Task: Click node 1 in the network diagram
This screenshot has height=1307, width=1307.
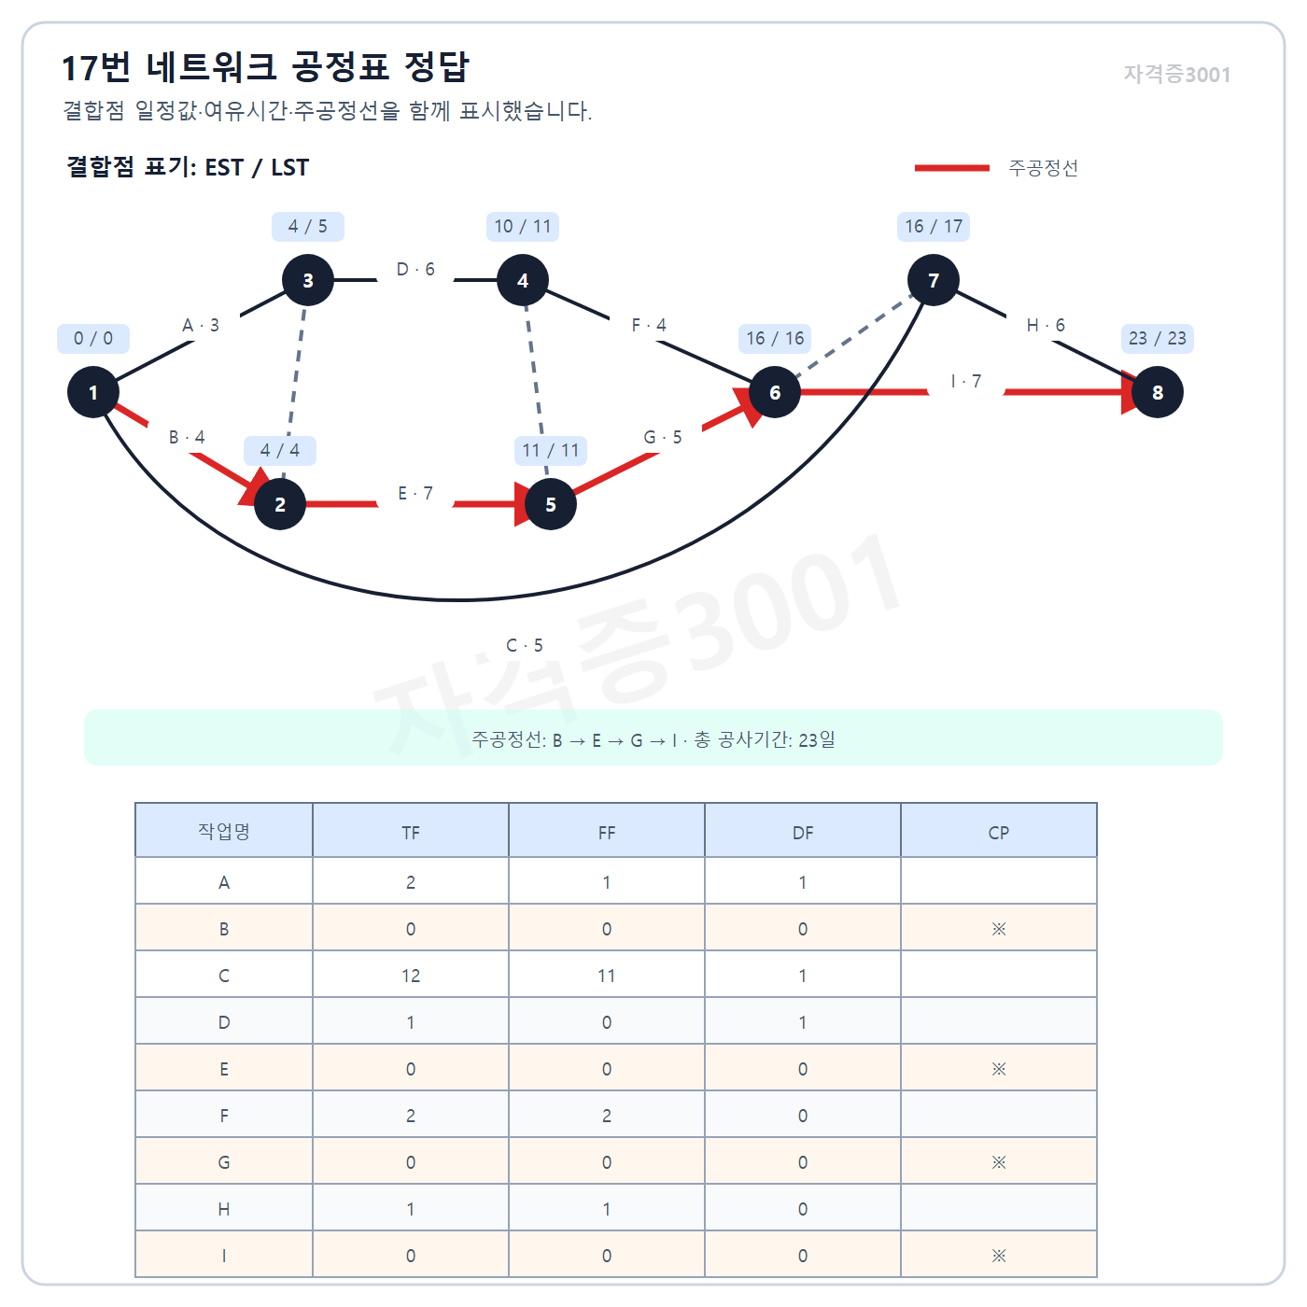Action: (93, 392)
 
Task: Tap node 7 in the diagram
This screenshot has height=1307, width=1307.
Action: (934, 280)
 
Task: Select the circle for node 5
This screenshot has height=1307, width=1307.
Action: (551, 504)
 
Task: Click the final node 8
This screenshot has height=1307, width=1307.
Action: (1157, 392)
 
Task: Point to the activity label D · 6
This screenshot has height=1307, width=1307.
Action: (415, 269)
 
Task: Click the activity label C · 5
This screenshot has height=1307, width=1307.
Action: (525, 645)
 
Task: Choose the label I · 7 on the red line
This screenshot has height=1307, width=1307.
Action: (966, 381)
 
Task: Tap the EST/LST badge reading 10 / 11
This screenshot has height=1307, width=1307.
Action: (522, 227)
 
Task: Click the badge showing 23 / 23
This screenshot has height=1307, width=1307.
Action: (1157, 339)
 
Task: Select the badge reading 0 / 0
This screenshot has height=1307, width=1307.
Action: (93, 339)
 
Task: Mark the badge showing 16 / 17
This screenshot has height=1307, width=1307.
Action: (934, 227)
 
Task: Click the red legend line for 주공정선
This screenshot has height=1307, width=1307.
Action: (951, 167)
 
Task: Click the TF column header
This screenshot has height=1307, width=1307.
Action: (411, 832)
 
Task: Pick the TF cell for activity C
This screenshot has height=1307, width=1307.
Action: (411, 976)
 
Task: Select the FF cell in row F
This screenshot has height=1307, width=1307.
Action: (607, 1116)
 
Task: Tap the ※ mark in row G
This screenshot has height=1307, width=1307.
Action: (998, 1162)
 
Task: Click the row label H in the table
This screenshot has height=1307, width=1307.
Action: (224, 1209)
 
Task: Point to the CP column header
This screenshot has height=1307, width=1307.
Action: (998, 832)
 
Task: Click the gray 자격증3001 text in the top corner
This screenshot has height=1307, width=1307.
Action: (1177, 74)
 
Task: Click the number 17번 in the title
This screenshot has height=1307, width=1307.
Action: (95, 68)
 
